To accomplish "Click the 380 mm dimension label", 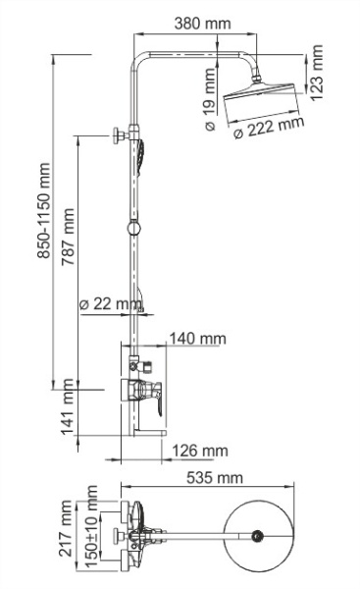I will (x=204, y=23).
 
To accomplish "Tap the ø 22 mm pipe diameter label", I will (x=109, y=304).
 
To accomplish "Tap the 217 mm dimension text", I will (x=67, y=530).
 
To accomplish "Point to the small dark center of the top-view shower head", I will (x=258, y=536).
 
